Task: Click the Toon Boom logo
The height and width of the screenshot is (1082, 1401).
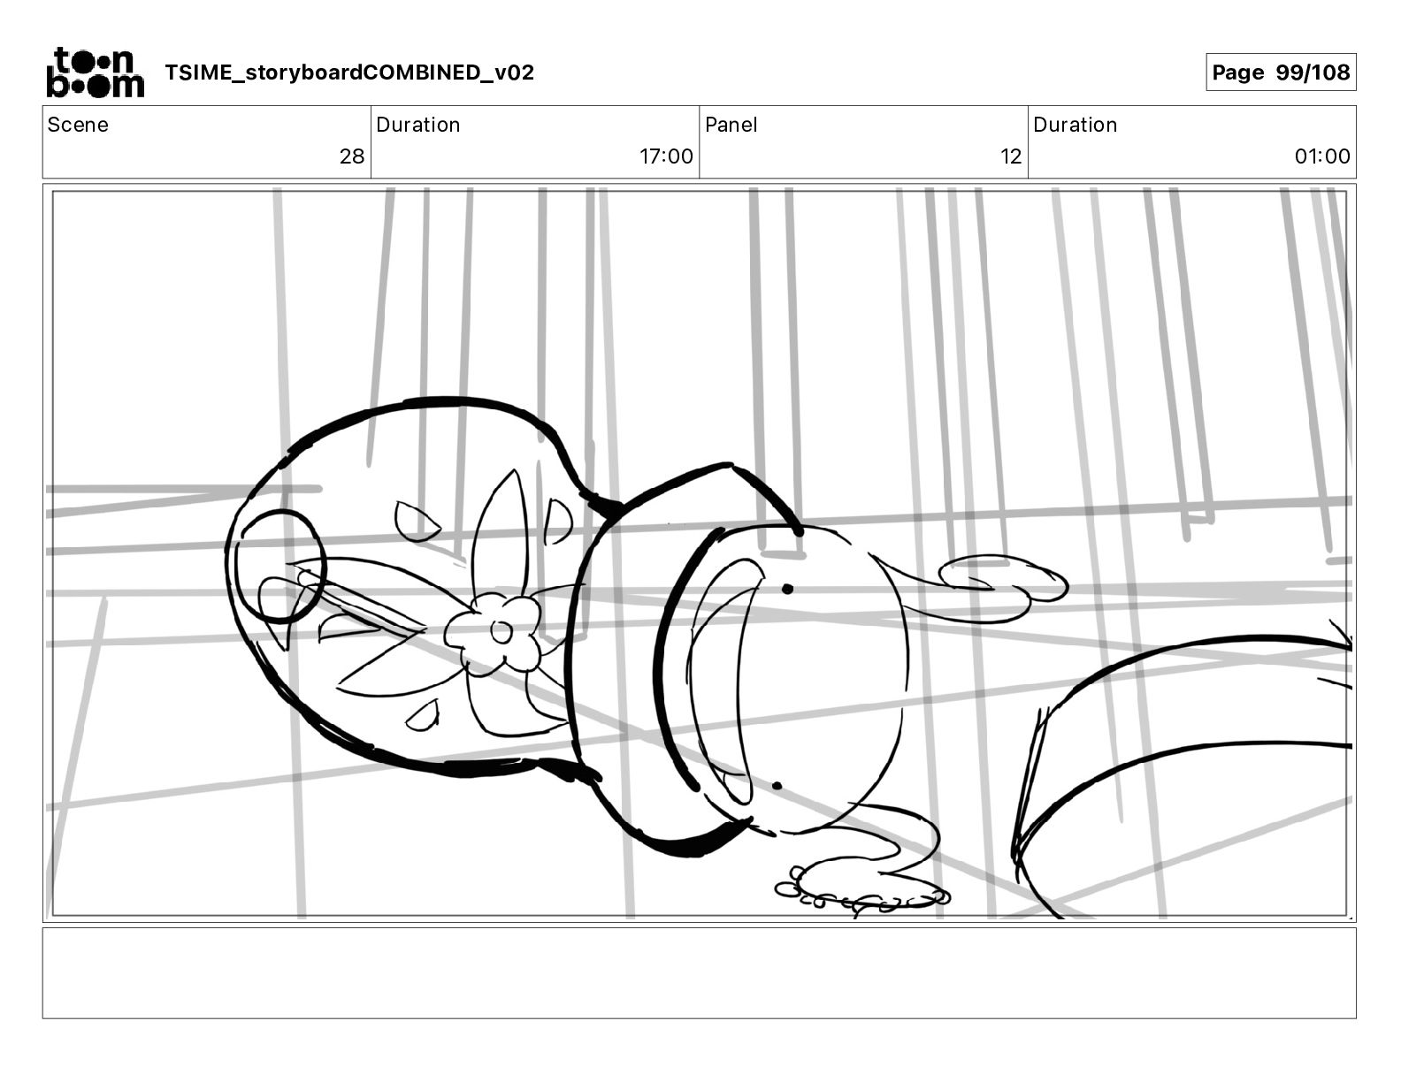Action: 96,72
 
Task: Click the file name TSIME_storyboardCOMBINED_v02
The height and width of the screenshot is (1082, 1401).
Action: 349,72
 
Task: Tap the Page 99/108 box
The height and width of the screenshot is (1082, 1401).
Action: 1281,72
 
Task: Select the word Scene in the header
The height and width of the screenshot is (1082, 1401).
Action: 78,125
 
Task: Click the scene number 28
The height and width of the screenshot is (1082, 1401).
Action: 352,156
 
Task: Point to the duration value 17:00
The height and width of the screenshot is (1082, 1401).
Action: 666,156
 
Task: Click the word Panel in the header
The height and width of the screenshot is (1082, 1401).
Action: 731,125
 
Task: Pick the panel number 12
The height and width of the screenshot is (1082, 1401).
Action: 1011,156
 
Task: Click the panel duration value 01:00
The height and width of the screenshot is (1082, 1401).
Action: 1322,156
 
